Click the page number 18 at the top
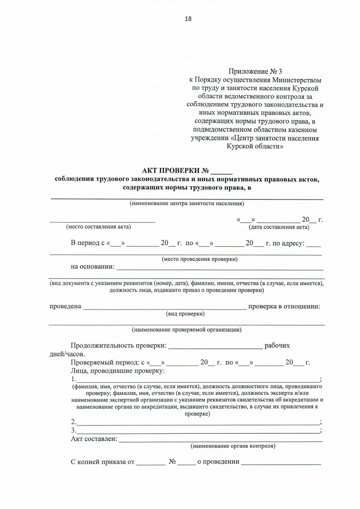point(188,19)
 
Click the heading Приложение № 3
point(255,71)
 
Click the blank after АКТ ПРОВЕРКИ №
point(221,172)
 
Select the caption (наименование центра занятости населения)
point(187,203)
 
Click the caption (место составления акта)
point(98,227)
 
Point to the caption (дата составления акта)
point(279,227)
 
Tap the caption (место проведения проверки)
point(199,259)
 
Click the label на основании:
point(93,267)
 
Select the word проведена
point(65,306)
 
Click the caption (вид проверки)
point(185,314)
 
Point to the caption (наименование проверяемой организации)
point(187,330)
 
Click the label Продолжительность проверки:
point(118,345)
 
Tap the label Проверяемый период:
point(105,363)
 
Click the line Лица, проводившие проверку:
point(118,371)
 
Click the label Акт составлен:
point(94,439)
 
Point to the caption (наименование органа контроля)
point(233,446)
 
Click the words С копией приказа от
point(102,462)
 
